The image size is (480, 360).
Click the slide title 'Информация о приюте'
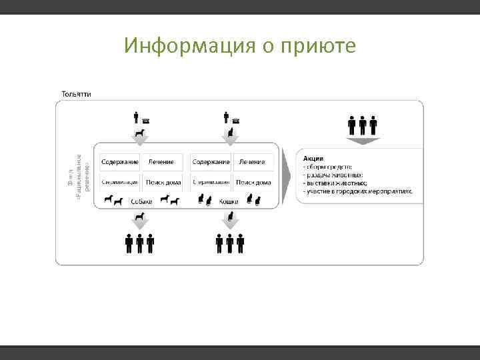[240, 46]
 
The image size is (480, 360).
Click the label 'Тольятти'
[77, 93]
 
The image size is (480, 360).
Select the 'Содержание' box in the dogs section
[120, 162]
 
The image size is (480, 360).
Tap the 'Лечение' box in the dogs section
[161, 162]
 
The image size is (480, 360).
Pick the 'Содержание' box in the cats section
[211, 162]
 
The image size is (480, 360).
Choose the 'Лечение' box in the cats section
[252, 162]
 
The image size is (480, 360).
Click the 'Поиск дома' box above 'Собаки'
[163, 182]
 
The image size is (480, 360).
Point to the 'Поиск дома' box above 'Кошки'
[253, 182]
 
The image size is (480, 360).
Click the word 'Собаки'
[141, 201]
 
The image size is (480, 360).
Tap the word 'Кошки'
[229, 201]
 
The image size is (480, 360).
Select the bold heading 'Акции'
[313, 158]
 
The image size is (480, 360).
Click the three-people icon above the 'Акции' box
[363, 125]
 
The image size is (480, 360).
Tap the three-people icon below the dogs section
[140, 244]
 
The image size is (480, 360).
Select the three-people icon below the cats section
[230, 244]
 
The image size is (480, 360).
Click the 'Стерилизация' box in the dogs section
[120, 182]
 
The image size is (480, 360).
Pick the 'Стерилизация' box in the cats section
[211, 182]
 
